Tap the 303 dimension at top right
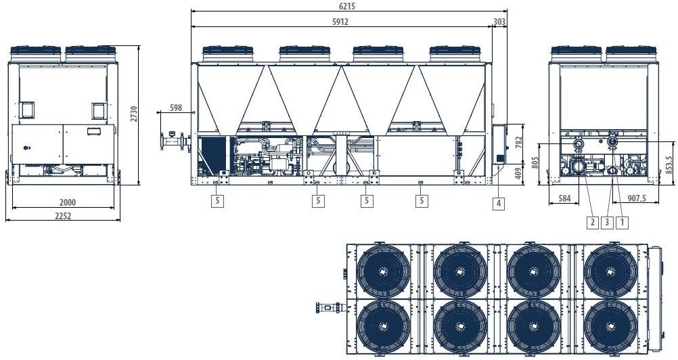coord(499,22)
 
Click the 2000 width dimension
coord(67,202)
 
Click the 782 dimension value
coord(519,143)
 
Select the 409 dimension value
coord(519,173)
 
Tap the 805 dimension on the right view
coord(534,163)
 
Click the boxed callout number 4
coord(499,202)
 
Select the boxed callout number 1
coord(624,221)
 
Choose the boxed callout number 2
coord(591,221)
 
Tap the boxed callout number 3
coord(608,221)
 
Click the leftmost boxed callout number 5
coord(217,200)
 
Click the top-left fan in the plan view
coord(383,271)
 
